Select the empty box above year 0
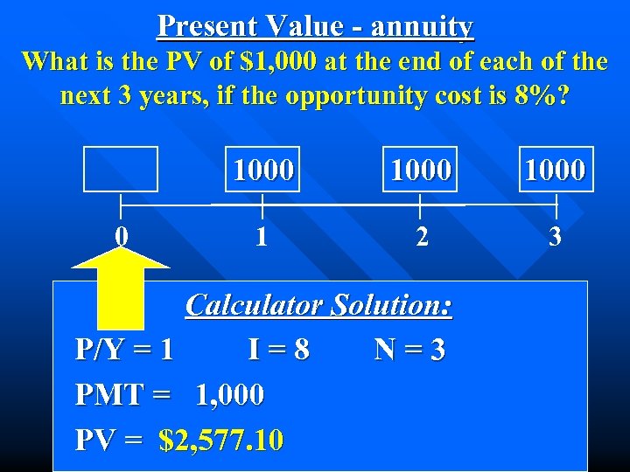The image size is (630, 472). coord(121,169)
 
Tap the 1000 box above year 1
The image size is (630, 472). coord(262,169)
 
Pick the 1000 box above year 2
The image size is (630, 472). coord(421,169)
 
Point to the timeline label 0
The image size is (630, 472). coord(123,236)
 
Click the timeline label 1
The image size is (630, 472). coord(262,237)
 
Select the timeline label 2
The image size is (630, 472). coord(422,237)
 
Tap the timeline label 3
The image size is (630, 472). coord(555,237)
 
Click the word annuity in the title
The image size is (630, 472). coord(422,27)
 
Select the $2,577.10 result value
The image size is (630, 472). coord(221,440)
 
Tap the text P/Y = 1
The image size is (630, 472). coord(124,351)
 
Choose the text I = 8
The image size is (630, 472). coord(278,351)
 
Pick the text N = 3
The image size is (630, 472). coord(409,351)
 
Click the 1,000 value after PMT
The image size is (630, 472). coord(229,395)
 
